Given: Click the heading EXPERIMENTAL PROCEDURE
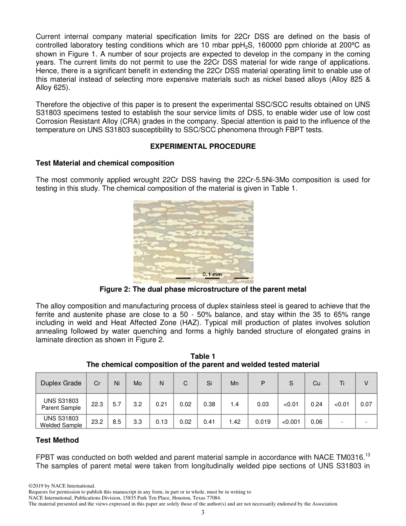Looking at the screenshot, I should pyautogui.click(x=203, y=146).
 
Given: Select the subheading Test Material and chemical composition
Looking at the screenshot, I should pyautogui.click(x=105, y=163).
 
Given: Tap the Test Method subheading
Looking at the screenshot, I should pyautogui.click(x=57, y=440).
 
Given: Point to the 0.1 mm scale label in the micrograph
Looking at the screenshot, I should pyautogui.click(x=212, y=274).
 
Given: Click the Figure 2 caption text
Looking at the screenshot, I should pyautogui.click(x=203, y=290).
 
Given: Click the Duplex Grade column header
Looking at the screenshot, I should pyautogui.click(x=61, y=383).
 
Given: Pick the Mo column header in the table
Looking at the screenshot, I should pyautogui.click(x=138, y=384).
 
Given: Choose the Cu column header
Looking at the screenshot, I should pyautogui.click(x=316, y=384).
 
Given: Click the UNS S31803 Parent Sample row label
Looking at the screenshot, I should pyautogui.click(x=61, y=404).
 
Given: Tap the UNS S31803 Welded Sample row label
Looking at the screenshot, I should pyautogui.click(x=61, y=422).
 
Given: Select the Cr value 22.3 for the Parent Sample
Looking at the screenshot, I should pyautogui.click(x=97, y=404).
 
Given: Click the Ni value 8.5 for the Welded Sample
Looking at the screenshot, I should pyautogui.click(x=117, y=422).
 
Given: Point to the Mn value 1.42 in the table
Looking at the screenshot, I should pyautogui.click(x=235, y=422).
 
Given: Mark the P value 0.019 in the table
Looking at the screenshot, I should pyautogui.click(x=263, y=422).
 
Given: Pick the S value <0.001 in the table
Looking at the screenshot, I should pyautogui.click(x=291, y=422).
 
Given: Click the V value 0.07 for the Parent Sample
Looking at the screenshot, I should pyautogui.click(x=366, y=404).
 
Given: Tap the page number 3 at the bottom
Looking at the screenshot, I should pyautogui.click(x=203, y=513).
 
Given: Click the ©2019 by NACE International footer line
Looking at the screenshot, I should pyautogui.click(x=62, y=486).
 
